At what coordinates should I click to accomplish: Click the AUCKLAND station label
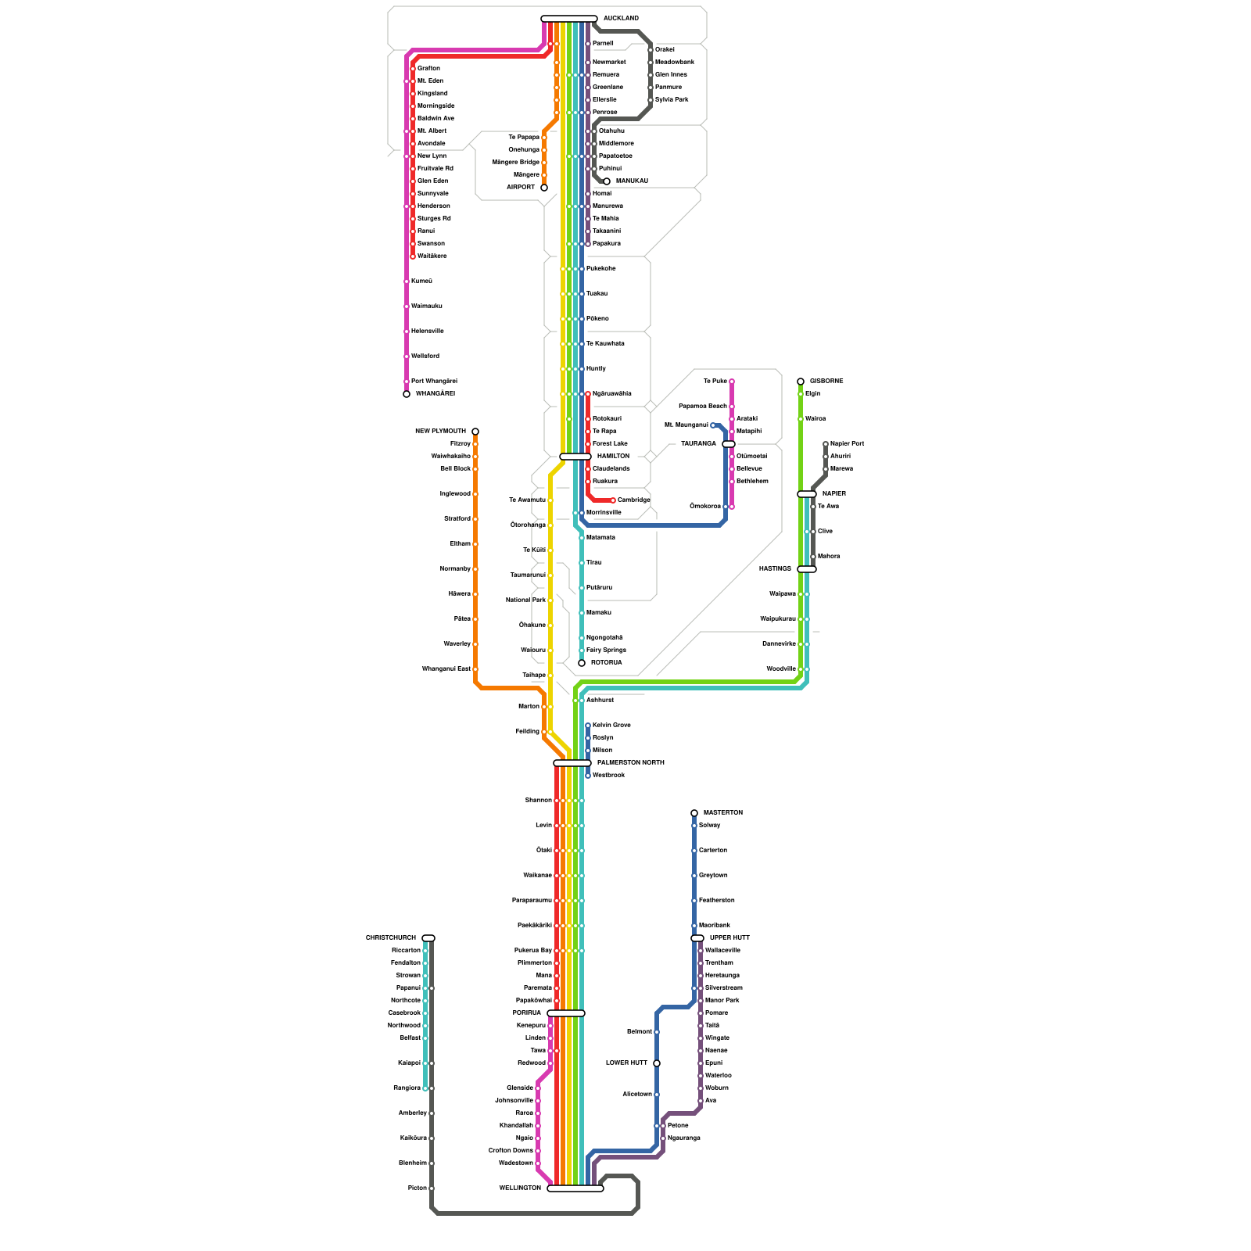tap(621, 18)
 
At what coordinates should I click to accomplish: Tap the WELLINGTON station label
tap(520, 1188)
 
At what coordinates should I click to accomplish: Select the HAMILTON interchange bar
tap(575, 457)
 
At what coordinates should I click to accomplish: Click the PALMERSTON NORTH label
tap(630, 762)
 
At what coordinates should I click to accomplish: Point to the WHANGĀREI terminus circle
tap(407, 394)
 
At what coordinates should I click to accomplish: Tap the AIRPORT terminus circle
tap(544, 188)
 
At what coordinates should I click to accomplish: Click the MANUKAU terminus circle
tap(607, 181)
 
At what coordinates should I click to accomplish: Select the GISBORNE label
tap(826, 381)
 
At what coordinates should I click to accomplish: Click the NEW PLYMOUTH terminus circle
tap(475, 432)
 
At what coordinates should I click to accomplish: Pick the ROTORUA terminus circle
tap(582, 663)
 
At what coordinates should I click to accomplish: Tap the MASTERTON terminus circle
tap(694, 813)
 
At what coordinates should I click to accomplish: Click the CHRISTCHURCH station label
tap(391, 937)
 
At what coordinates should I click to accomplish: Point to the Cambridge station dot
tap(613, 500)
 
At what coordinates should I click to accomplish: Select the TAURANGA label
tap(698, 443)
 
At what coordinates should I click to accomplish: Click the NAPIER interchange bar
tap(807, 494)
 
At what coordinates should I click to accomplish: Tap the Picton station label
tap(417, 1188)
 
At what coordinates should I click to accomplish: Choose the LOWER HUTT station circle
tap(657, 1063)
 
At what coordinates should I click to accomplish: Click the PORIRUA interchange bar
tap(566, 1013)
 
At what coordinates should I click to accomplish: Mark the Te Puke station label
tap(715, 381)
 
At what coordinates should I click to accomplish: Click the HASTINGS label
tap(775, 568)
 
